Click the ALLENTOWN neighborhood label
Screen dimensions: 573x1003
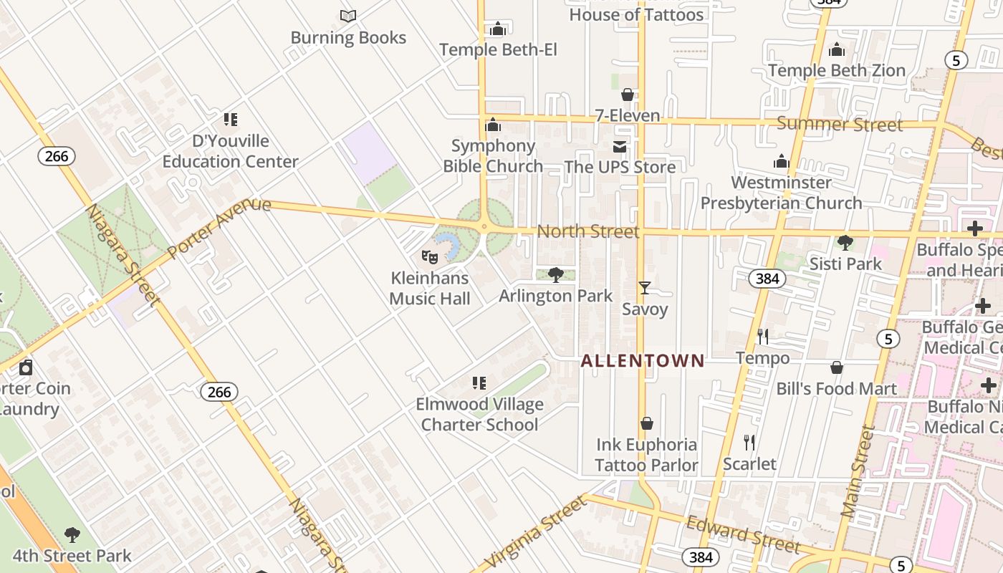[643, 361]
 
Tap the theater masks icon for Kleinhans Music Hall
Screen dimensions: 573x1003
[429, 255]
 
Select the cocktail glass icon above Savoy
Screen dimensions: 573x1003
[645, 288]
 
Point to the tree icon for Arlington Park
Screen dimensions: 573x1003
[555, 274]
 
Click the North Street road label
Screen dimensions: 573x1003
[587, 231]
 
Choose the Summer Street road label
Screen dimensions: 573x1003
[840, 124]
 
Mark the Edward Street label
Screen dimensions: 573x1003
[743, 534]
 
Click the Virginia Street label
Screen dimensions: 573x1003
[536, 534]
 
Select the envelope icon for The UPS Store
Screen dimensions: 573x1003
[620, 147]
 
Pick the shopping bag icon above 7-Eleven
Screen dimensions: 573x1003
[628, 95]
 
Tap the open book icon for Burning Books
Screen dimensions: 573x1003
[348, 16]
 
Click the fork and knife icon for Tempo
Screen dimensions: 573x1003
[763, 337]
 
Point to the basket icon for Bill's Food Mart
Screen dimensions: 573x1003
[836, 367]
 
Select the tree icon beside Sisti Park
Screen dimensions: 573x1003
[845, 243]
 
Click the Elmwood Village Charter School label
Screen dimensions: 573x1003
[479, 414]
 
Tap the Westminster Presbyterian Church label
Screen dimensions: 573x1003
[781, 193]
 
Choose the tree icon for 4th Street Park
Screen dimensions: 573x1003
[72, 534]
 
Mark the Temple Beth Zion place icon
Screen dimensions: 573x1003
[836, 50]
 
